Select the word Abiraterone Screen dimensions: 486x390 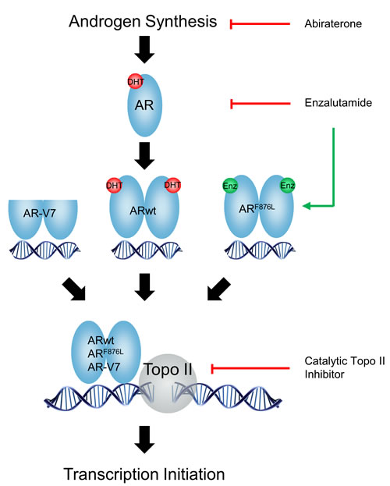[330, 25]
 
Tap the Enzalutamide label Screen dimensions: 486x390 [332, 103]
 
